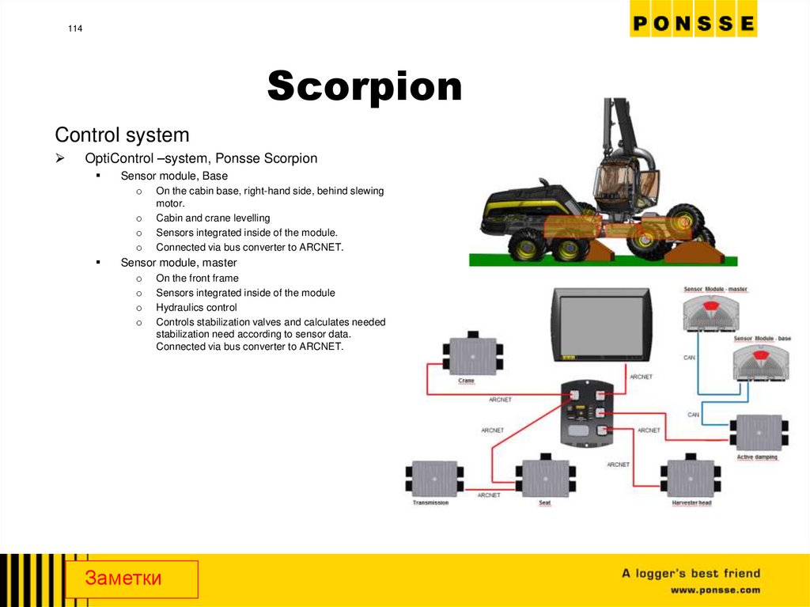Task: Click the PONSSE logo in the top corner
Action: (x=693, y=23)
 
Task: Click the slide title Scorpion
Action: (x=365, y=86)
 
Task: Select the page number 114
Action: (x=75, y=29)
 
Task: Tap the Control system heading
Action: (x=122, y=135)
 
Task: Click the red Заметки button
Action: (x=131, y=579)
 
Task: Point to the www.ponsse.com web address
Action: (x=715, y=590)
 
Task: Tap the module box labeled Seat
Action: (x=546, y=477)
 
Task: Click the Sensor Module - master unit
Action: (x=714, y=313)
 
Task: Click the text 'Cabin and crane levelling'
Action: (x=213, y=218)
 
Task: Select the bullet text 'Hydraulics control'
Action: (x=196, y=307)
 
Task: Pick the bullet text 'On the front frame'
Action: (x=197, y=278)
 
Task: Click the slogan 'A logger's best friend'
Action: (x=691, y=573)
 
